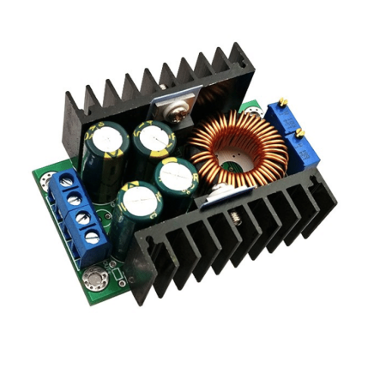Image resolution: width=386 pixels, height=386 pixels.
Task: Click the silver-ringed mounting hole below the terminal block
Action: point(93,279)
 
